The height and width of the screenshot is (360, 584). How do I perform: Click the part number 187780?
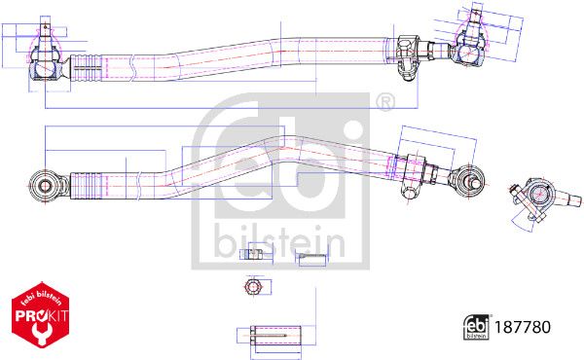click(x=522, y=327)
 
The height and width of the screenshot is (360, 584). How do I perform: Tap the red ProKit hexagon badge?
click(x=41, y=315)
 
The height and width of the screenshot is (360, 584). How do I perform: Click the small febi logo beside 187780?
click(x=476, y=327)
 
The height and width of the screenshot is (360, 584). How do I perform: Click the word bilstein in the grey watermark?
click(x=279, y=240)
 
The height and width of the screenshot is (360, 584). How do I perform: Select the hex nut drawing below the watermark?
click(x=253, y=287)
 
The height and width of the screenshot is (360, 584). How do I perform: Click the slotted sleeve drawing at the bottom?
click(x=275, y=336)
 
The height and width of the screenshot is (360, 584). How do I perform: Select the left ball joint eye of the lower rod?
click(x=46, y=185)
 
